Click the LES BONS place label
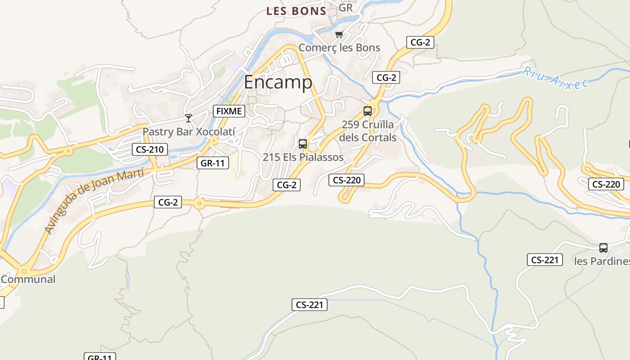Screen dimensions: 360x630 click(x=296, y=11)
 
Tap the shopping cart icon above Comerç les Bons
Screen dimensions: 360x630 click(x=339, y=35)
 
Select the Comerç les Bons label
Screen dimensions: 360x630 click(x=339, y=48)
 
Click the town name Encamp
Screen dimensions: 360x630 click(x=278, y=82)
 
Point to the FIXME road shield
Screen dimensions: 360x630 click(x=229, y=111)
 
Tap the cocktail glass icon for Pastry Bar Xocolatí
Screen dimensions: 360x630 click(x=189, y=118)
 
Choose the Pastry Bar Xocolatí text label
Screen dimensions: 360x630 click(x=189, y=132)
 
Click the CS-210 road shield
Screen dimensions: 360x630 click(x=150, y=149)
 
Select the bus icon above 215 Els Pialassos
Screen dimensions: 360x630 click(x=303, y=144)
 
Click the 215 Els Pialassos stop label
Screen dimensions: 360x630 click(x=303, y=157)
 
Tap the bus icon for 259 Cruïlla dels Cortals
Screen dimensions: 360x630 click(x=368, y=111)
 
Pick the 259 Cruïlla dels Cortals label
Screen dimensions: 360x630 click(x=368, y=131)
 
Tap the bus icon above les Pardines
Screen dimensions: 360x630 click(x=603, y=248)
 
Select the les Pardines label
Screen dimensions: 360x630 click(x=602, y=261)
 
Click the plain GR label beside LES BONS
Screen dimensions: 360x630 click(x=346, y=8)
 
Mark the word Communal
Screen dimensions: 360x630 click(x=28, y=279)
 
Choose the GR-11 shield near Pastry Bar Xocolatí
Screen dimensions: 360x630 click(x=213, y=163)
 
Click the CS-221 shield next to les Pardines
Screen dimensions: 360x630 click(x=544, y=260)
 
